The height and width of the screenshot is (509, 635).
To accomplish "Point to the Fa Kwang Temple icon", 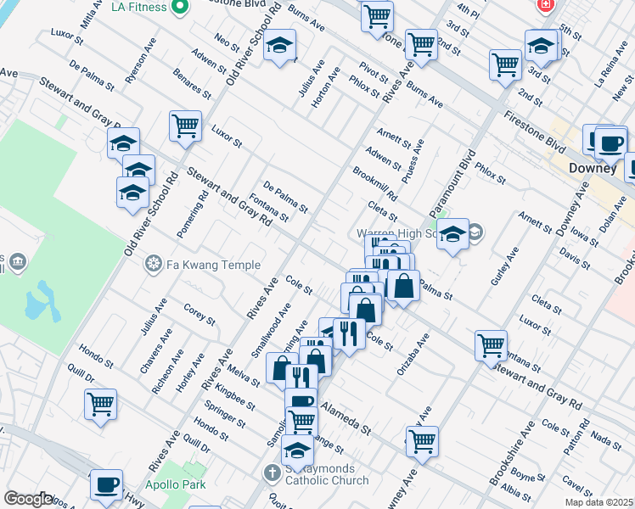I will click(153, 265).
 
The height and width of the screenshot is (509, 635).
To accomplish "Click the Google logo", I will click(28, 499).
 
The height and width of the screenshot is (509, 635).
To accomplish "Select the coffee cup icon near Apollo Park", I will click(106, 484).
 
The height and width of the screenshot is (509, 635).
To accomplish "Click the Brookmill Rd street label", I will click(374, 183).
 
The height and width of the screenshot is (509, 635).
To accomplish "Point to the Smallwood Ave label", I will click(272, 336).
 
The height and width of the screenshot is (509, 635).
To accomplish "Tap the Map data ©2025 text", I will click(599, 502).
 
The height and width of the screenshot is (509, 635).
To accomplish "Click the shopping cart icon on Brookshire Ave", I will click(491, 346).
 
